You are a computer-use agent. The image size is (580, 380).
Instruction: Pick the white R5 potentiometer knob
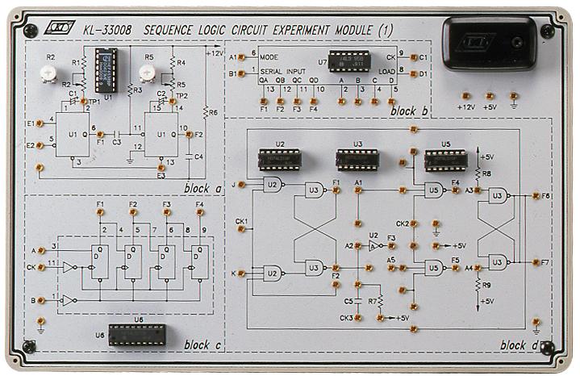click(x=147, y=73)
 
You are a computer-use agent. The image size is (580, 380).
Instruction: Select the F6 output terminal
click(x=535, y=195)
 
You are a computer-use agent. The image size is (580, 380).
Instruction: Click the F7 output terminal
click(x=535, y=262)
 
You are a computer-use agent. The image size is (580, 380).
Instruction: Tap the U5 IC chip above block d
click(x=446, y=159)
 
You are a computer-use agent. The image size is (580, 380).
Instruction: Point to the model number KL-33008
click(x=109, y=30)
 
